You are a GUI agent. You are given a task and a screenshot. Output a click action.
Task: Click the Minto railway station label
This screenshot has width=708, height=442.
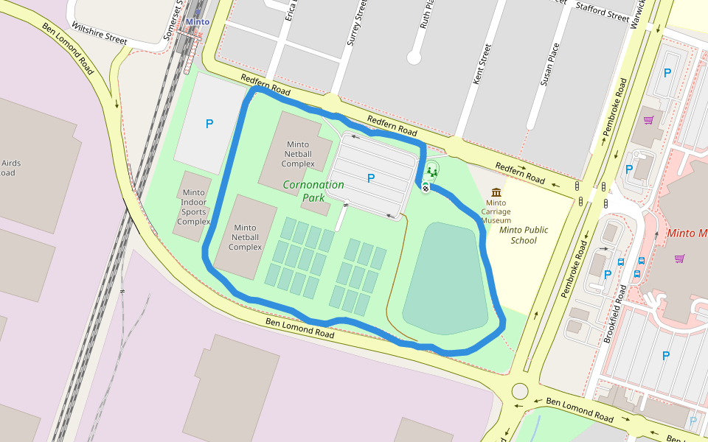tap(197, 22)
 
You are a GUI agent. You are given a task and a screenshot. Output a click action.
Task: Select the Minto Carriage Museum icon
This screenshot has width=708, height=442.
tap(496, 192)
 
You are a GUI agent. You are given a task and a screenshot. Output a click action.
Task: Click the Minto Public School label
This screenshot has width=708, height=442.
tap(523, 235)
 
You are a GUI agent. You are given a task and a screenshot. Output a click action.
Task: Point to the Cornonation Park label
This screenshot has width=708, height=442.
tap(313, 191)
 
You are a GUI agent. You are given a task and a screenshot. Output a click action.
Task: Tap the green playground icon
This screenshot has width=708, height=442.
tap(432, 172)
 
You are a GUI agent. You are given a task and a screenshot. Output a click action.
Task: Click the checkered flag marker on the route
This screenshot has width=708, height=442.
tap(426, 188)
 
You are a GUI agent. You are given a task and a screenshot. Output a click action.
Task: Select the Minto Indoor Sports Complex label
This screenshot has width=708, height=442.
tap(194, 207)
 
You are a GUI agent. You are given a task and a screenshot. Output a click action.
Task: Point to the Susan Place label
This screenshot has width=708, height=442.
tap(549, 65)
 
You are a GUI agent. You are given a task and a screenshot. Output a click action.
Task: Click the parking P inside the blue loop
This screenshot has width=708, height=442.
tap(370, 178)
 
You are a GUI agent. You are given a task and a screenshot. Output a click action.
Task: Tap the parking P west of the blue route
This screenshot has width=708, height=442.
tap(209, 124)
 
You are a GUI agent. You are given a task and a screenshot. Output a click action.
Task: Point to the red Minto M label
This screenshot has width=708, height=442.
tap(687, 234)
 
